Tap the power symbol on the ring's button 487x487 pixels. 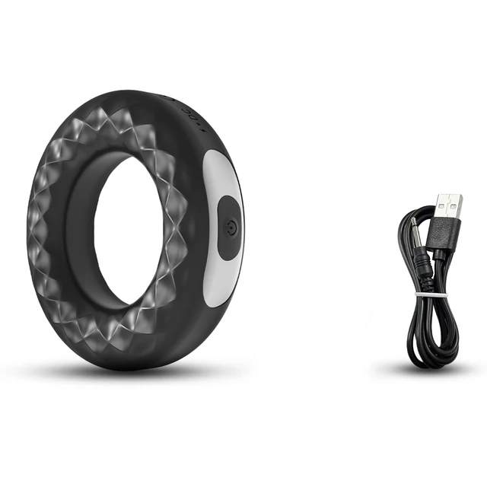coord(231,226)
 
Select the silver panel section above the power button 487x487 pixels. coord(222,173)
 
